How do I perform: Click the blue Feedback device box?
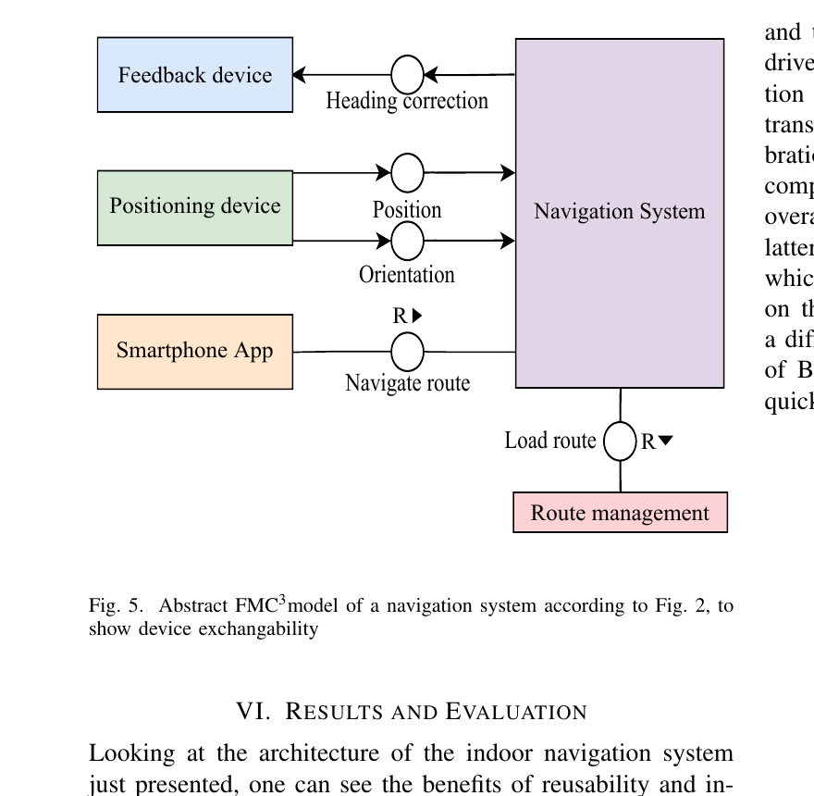pyautogui.click(x=195, y=75)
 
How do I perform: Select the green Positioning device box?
pyautogui.click(x=195, y=206)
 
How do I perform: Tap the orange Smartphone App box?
pyautogui.click(x=195, y=352)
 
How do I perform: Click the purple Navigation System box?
pyautogui.click(x=619, y=212)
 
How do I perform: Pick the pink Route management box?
pyautogui.click(x=620, y=513)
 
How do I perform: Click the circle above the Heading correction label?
pyautogui.click(x=407, y=75)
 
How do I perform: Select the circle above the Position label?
pyautogui.click(x=407, y=173)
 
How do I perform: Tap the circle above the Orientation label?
pyautogui.click(x=407, y=241)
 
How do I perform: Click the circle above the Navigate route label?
pyautogui.click(x=407, y=352)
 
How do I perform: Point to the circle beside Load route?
pyautogui.click(x=620, y=441)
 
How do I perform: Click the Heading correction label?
pyautogui.click(x=407, y=101)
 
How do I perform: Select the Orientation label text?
pyautogui.click(x=407, y=275)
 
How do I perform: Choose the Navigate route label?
pyautogui.click(x=407, y=382)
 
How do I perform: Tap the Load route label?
pyautogui.click(x=550, y=441)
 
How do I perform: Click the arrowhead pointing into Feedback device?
pyautogui.click(x=300, y=75)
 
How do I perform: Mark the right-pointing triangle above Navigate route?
pyautogui.click(x=417, y=316)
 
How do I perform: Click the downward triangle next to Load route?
pyautogui.click(x=665, y=442)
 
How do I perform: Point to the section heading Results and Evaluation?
pyautogui.click(x=412, y=712)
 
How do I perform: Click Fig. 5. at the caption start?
pyautogui.click(x=116, y=607)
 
